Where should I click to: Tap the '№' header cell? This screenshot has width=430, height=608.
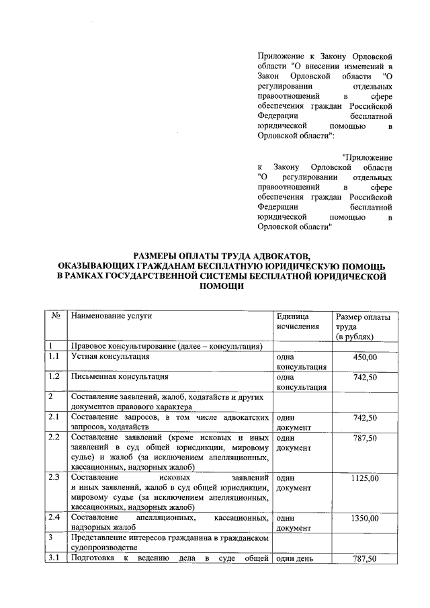click(x=56, y=316)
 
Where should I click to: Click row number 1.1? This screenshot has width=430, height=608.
click(x=55, y=357)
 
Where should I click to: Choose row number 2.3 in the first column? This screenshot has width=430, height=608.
click(x=55, y=478)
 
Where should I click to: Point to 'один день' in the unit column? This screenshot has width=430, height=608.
click(x=295, y=559)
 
